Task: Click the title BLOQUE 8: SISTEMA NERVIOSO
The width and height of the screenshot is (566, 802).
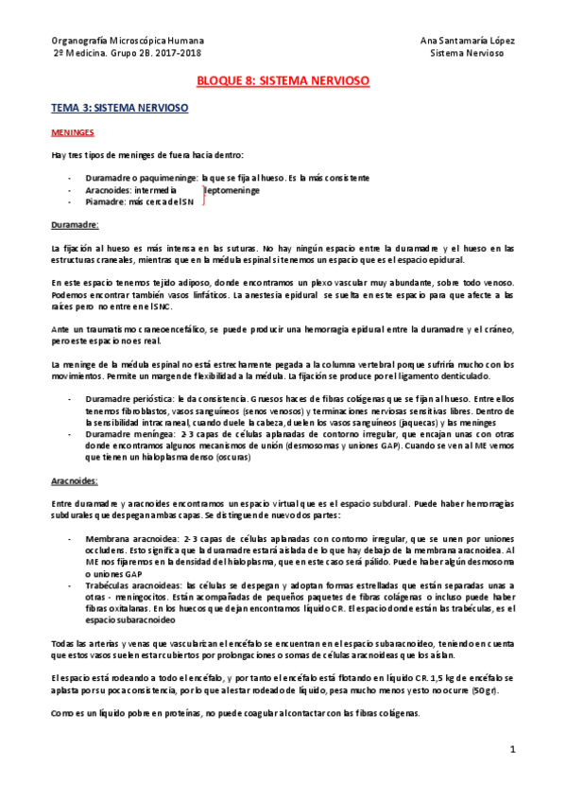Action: (283, 82)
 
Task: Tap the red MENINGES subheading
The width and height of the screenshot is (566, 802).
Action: (71, 133)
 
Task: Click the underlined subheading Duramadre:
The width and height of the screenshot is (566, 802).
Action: (75, 226)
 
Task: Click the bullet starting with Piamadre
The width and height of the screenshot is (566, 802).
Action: (139, 201)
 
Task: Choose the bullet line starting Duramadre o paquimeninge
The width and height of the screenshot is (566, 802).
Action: (227, 177)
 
